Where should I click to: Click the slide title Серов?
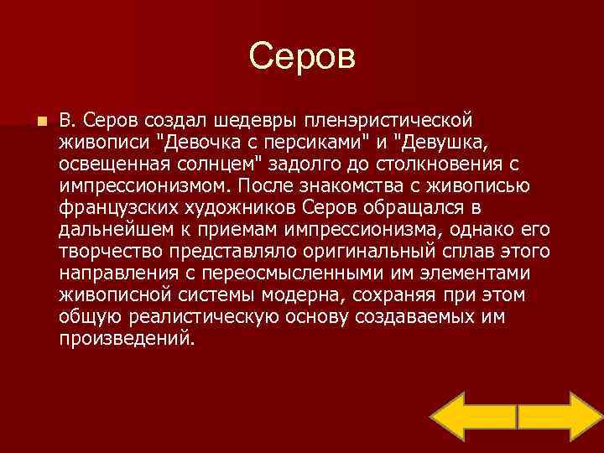[302, 58]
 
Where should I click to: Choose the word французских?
[116, 205]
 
